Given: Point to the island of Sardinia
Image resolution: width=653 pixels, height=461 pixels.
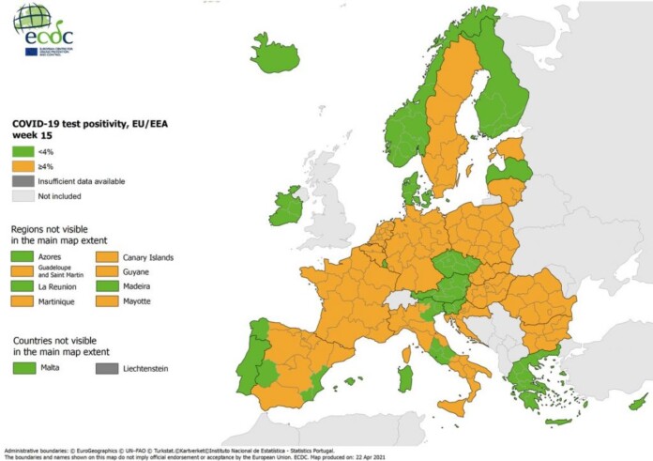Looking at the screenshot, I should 405,378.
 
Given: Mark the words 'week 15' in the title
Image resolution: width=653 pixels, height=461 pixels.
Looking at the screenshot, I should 32,134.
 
